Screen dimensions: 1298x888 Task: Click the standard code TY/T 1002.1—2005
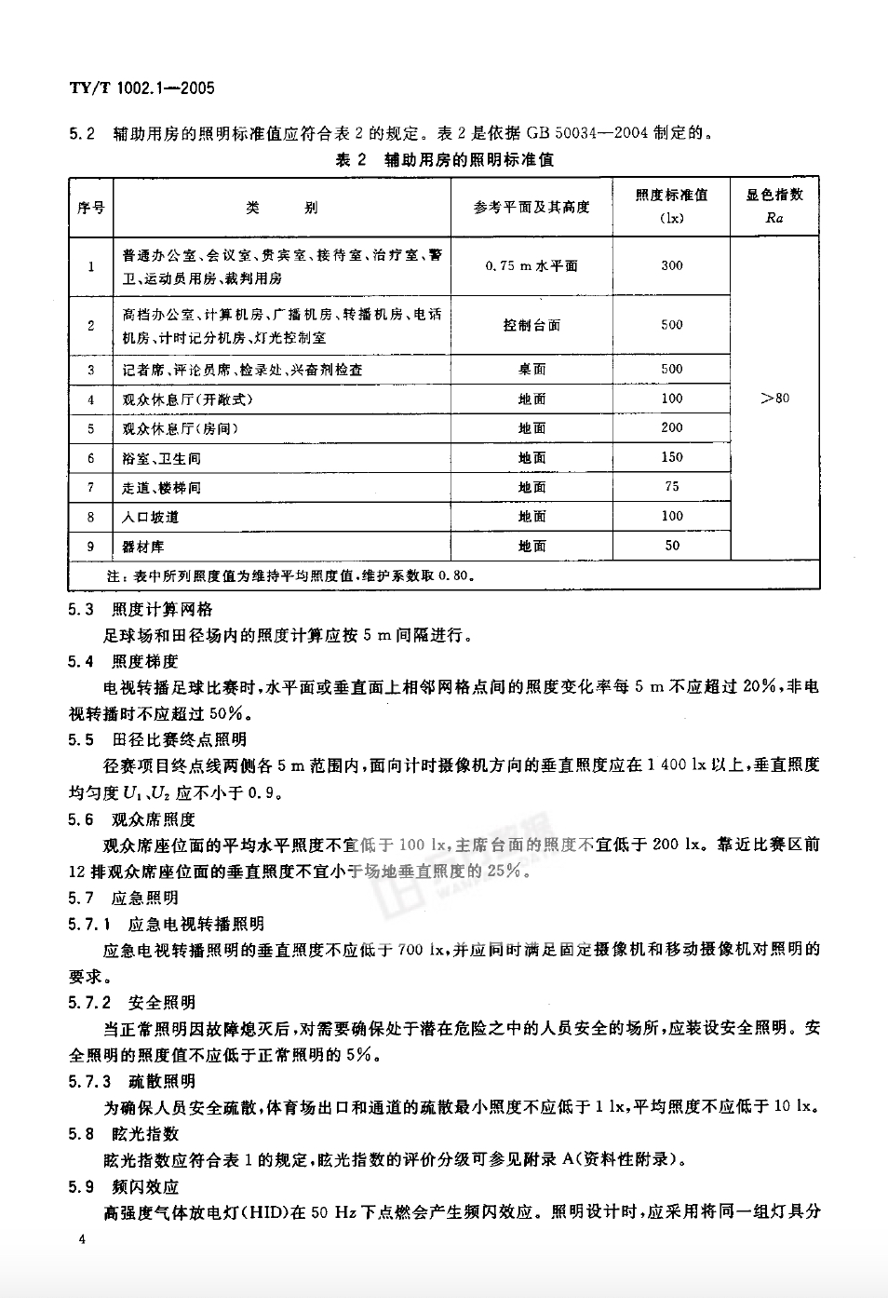click(141, 88)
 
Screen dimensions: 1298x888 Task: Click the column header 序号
click(90, 208)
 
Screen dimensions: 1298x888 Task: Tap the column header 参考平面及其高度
click(531, 207)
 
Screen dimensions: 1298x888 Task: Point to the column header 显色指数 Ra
click(774, 206)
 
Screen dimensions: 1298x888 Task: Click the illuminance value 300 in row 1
click(671, 265)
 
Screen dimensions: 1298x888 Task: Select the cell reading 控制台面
click(531, 325)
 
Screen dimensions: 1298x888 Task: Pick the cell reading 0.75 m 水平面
click(531, 265)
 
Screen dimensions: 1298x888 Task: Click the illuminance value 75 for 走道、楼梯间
click(671, 486)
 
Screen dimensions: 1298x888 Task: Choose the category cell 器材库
click(143, 547)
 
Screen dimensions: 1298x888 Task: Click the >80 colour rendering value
click(774, 399)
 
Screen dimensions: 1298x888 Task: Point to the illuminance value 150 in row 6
click(671, 457)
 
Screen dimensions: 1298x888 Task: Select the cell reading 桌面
click(531, 369)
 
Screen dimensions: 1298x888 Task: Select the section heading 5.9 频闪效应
click(122, 1186)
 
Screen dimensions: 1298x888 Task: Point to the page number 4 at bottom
click(84, 1239)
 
